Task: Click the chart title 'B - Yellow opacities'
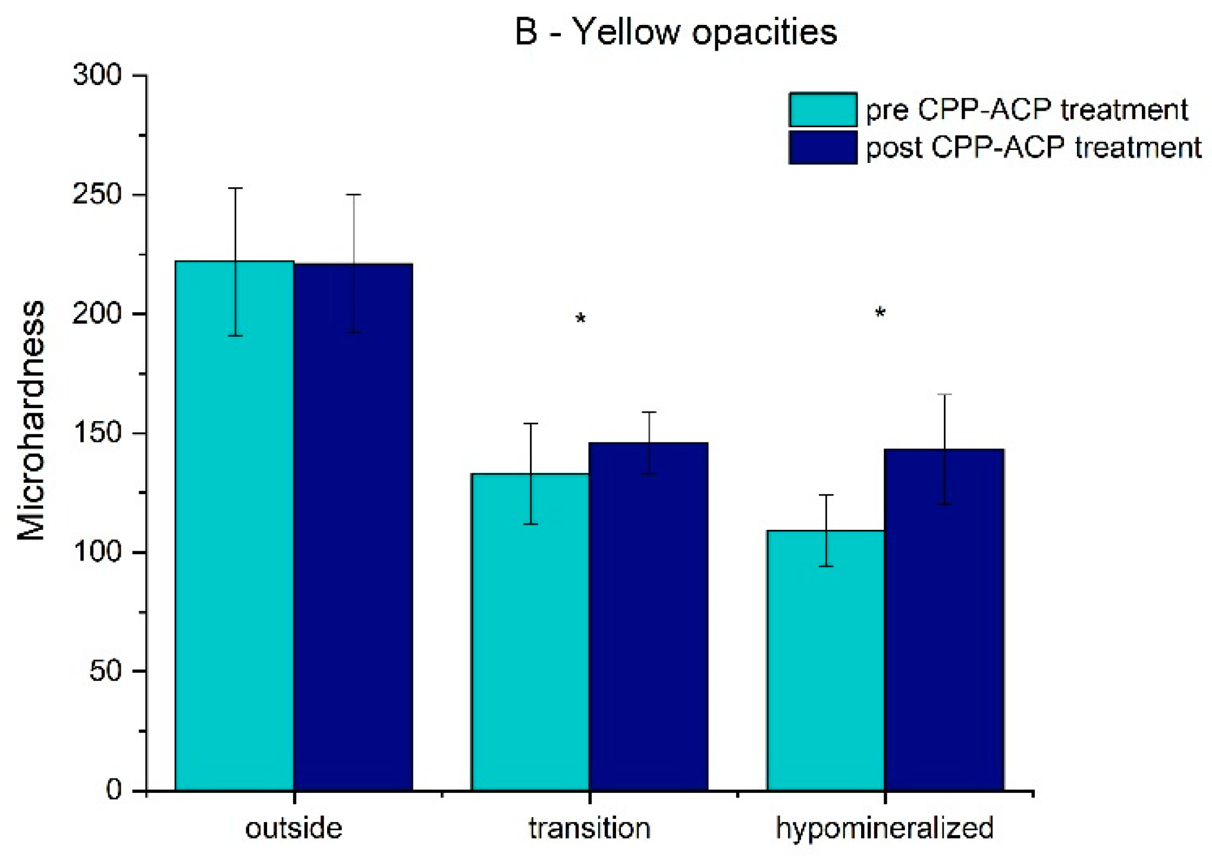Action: tap(676, 32)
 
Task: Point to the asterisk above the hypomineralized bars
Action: tap(880, 313)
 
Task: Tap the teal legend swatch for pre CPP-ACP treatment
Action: tap(822, 109)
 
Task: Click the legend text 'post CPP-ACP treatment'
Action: tap(1034, 147)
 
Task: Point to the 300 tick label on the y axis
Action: tap(96, 76)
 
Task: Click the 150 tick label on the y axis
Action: tap(96, 434)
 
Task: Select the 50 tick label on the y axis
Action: tap(105, 671)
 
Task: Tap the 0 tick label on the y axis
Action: tap(113, 790)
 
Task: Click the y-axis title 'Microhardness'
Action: tap(31, 420)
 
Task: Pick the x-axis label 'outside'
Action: tap(294, 828)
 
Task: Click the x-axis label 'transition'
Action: tap(589, 828)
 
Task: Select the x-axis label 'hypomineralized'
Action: tap(885, 828)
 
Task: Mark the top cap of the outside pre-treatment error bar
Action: tap(235, 188)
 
